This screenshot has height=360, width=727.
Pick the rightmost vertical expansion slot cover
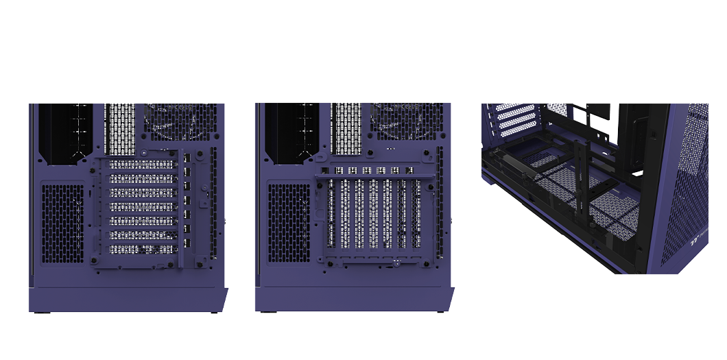pyautogui.click(x=416, y=214)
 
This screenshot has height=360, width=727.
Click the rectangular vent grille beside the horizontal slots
pyautogui.click(x=62, y=223)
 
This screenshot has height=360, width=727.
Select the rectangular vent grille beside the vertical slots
pyautogui.click(x=288, y=223)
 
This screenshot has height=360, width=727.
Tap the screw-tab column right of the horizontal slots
pyautogui.click(x=187, y=206)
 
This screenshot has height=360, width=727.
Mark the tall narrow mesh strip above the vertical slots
pyautogui.click(x=346, y=128)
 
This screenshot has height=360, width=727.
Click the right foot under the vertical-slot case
pyautogui.click(x=440, y=313)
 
